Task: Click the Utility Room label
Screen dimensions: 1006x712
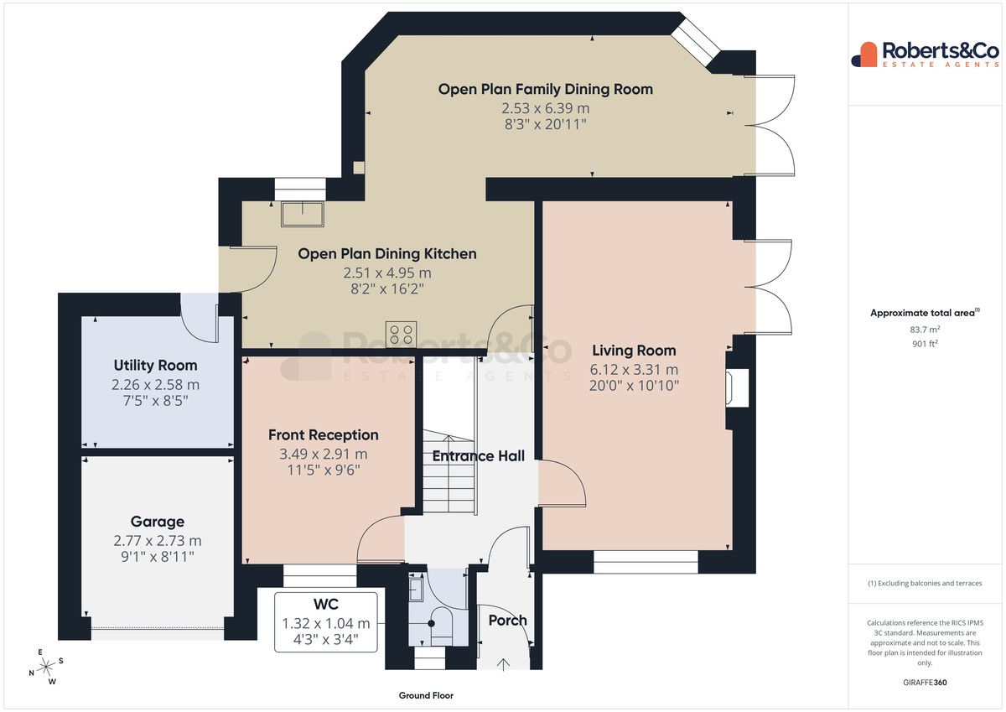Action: pos(155,365)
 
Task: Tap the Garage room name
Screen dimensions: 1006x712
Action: pos(158,522)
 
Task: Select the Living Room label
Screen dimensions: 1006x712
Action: pos(634,351)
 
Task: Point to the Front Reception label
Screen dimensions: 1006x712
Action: pos(324,435)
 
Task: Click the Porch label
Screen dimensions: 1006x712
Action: pos(507,621)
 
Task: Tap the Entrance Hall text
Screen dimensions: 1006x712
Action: pos(479,456)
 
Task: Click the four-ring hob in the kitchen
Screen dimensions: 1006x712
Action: pos(401,335)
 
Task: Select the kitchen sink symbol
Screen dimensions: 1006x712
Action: pos(303,215)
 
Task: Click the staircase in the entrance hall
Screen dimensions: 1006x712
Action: pos(449,471)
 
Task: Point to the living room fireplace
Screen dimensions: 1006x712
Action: pos(738,388)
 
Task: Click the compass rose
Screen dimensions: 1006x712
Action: pos(46,667)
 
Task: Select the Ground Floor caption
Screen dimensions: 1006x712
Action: pos(426,695)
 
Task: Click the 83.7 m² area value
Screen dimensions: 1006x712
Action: pos(925,330)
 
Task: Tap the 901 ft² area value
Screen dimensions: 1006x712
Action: pos(925,344)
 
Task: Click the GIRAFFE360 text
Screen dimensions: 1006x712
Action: pos(925,683)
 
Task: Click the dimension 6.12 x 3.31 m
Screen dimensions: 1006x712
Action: pos(634,370)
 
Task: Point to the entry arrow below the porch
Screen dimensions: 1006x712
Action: pos(503,665)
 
